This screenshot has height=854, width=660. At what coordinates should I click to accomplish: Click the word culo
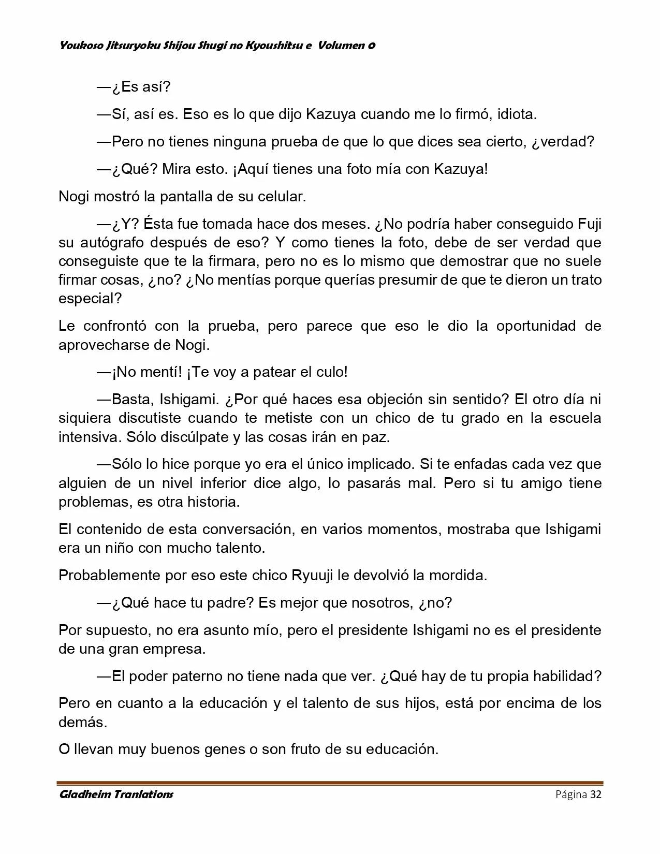coord(330,372)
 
